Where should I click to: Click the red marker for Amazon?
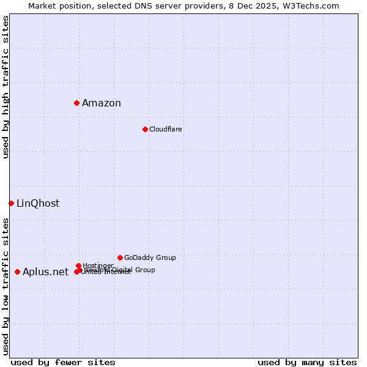[76, 103]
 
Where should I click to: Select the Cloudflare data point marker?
[145, 129]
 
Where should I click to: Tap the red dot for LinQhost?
[11, 203]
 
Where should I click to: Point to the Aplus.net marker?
[17, 272]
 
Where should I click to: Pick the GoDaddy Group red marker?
[120, 258]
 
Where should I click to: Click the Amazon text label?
[102, 103]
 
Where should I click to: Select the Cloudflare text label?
[166, 129]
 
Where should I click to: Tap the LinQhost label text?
[38, 203]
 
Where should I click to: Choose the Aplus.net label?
[45, 272]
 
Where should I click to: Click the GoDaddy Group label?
[150, 258]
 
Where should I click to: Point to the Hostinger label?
[98, 265]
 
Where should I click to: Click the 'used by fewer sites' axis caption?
[63, 362]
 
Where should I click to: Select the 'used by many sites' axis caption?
[307, 362]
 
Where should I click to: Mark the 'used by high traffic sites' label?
[6, 87]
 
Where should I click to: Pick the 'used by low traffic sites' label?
[6, 286]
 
